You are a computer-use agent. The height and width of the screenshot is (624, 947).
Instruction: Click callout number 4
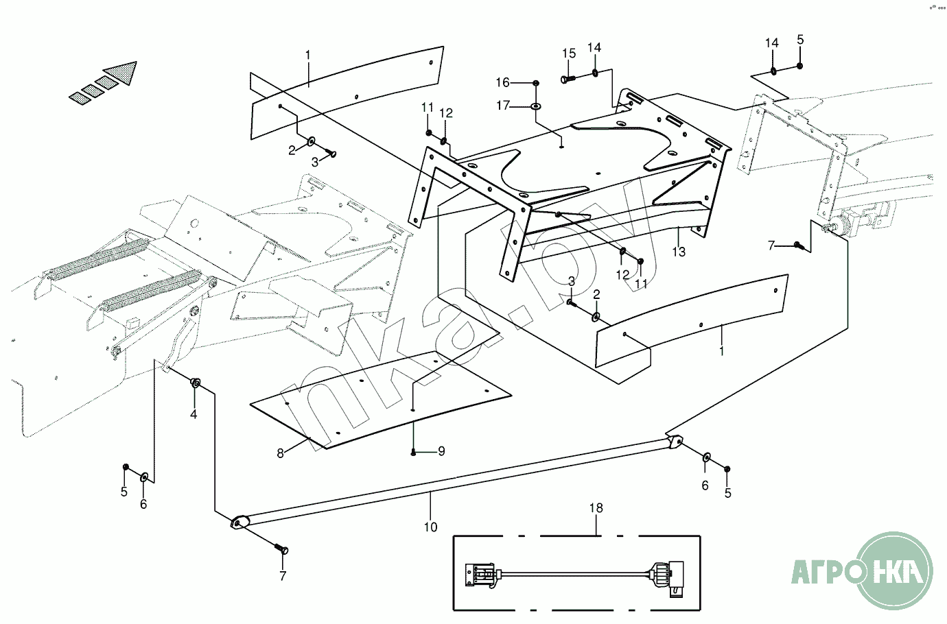[x=194, y=414]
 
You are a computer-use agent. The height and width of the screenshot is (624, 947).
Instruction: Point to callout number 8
[x=280, y=453]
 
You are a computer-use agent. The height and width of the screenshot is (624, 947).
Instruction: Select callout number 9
[x=441, y=451]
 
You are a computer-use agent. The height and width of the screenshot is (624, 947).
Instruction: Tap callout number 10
[x=430, y=527]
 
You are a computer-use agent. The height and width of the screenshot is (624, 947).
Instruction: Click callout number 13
[x=679, y=252]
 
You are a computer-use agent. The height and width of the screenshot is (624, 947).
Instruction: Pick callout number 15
[x=569, y=53]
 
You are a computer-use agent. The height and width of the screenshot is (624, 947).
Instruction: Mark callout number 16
[x=503, y=82]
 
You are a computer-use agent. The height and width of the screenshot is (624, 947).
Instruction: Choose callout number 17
[x=503, y=106]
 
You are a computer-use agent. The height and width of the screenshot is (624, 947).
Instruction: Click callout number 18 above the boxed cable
[x=596, y=508]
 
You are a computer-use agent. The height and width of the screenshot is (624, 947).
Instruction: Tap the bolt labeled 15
[x=567, y=80]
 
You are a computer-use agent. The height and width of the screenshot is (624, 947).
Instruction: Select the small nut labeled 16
[x=536, y=83]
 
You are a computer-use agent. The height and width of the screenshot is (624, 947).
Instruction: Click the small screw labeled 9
[x=414, y=451]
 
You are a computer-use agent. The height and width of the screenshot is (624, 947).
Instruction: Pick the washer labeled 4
[x=196, y=383]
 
